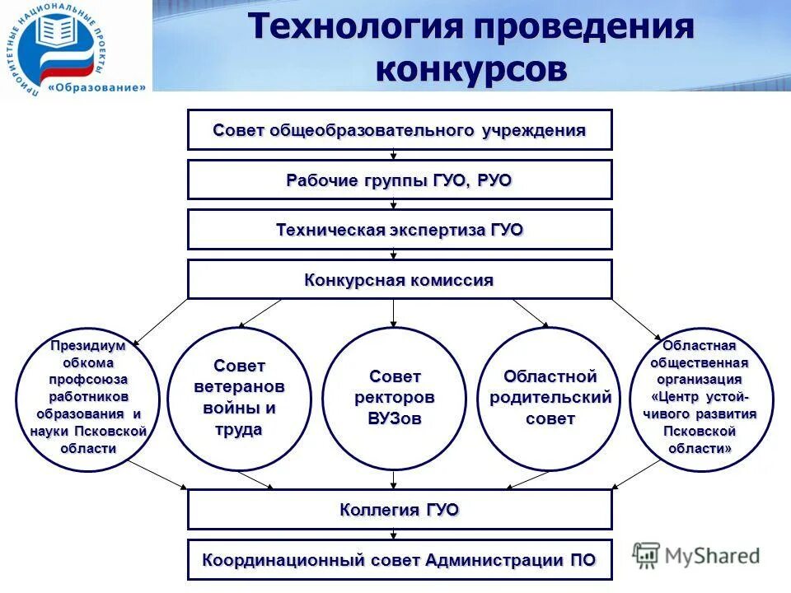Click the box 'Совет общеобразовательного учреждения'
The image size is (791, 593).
[400, 130]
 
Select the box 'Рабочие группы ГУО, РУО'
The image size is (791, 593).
[400, 180]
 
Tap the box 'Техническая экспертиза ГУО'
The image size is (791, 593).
[400, 230]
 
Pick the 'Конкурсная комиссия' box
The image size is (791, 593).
[400, 280]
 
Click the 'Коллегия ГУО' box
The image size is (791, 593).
[400, 510]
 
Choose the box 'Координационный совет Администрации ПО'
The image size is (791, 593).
[400, 560]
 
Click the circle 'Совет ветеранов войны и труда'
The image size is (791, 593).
[239, 399]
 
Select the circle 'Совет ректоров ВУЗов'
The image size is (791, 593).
[394, 399]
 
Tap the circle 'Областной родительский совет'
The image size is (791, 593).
[550, 399]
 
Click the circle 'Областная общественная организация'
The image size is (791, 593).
[701, 399]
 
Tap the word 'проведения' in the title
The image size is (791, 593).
[583, 26]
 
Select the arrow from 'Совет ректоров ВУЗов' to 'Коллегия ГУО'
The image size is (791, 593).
[394, 480]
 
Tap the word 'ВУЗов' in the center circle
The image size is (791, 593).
[394, 418]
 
